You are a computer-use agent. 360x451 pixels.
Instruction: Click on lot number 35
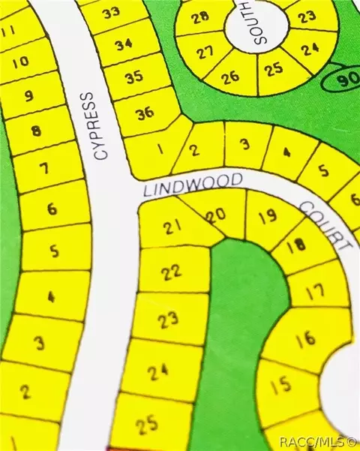134,77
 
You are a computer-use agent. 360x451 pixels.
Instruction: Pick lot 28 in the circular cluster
200,17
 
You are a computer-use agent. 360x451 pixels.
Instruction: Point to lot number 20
216,215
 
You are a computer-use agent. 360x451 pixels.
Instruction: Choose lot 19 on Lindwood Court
266,218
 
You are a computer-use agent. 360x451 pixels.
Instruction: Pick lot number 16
305,339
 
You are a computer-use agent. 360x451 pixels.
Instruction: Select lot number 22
172,272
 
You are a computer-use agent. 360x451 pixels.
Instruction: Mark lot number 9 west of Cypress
29,96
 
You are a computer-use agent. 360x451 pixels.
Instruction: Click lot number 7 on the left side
42,169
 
